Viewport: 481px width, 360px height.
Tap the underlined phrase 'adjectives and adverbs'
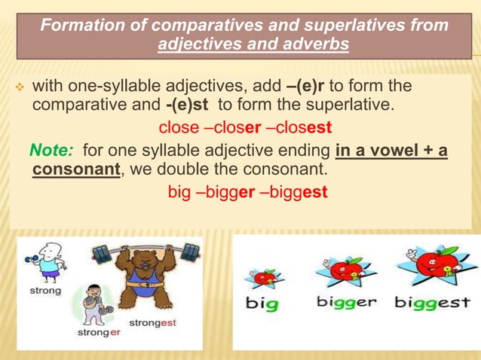(x=253, y=45)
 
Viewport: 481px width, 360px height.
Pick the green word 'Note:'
(x=52, y=151)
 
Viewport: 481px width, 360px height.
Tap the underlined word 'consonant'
(x=76, y=169)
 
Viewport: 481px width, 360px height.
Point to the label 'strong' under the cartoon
(x=45, y=290)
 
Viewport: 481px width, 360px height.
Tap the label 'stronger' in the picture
(x=98, y=331)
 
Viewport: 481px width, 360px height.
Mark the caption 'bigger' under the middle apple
(x=346, y=302)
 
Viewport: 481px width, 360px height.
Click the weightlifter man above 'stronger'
(x=94, y=302)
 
